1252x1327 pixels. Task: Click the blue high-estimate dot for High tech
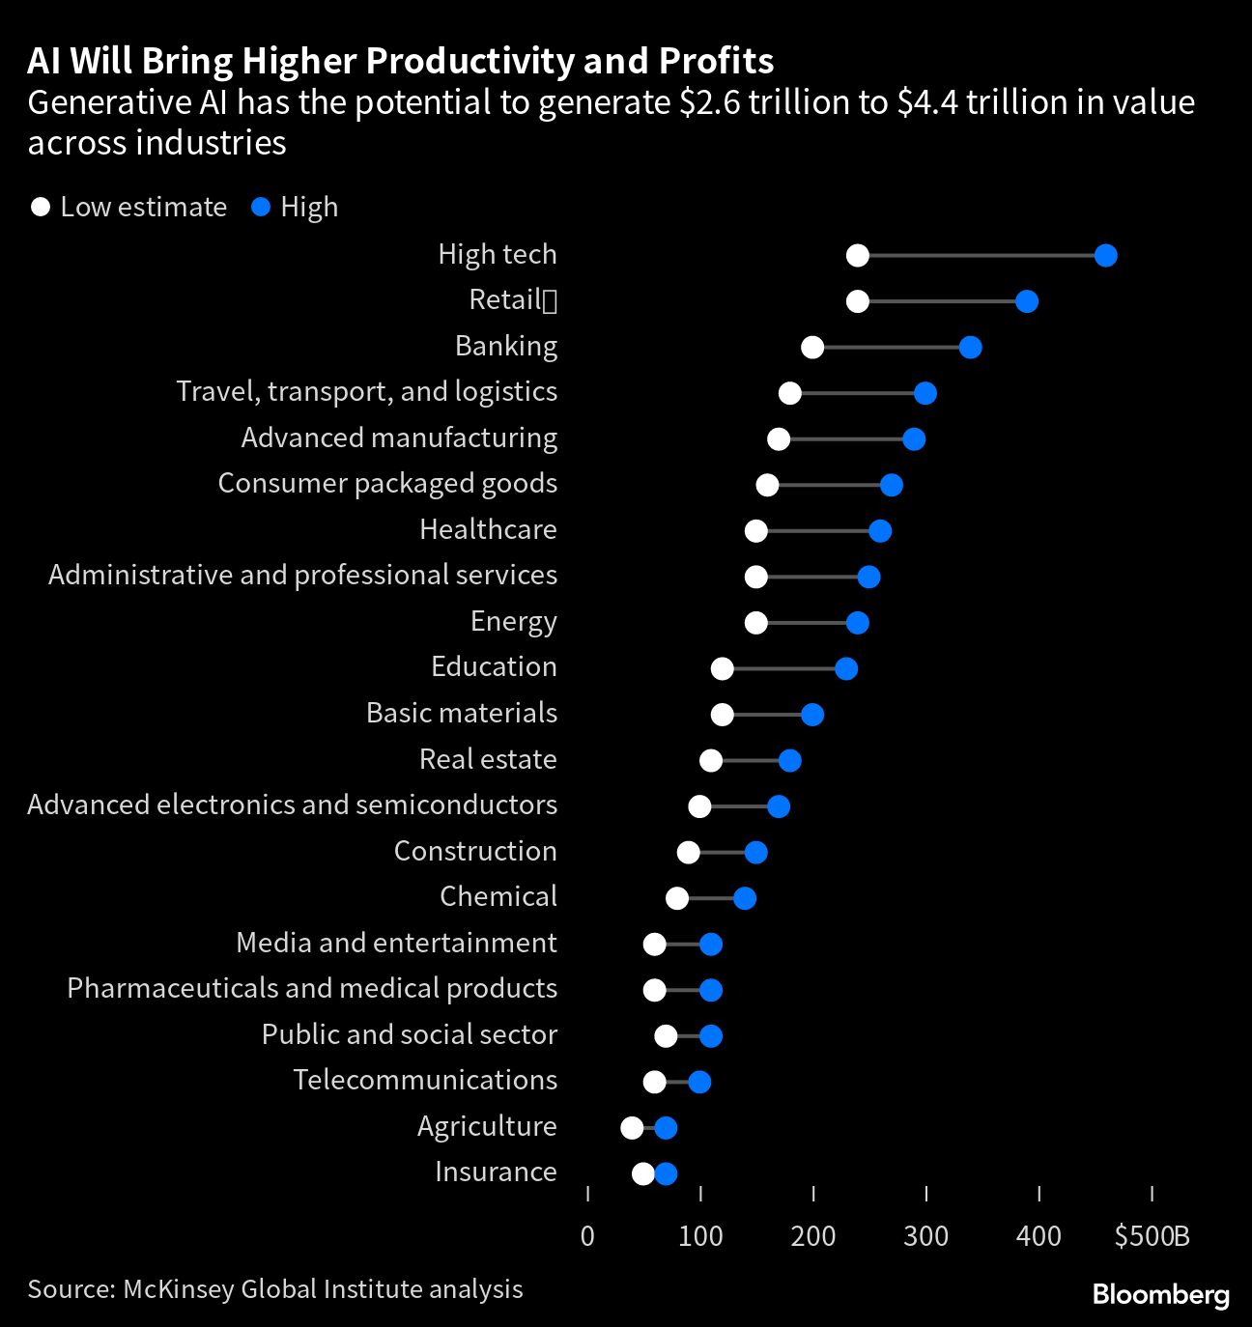pos(1106,256)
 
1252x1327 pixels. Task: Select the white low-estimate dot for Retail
pos(857,301)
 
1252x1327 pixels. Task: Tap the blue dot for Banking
pos(970,348)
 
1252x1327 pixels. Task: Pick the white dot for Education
pos(722,668)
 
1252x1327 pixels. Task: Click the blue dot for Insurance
pos(666,1173)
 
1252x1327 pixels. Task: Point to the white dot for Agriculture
pos(632,1128)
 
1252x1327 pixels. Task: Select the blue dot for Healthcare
pos(880,531)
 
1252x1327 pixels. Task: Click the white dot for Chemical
pos(677,898)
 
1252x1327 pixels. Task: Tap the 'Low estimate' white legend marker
pos(40,208)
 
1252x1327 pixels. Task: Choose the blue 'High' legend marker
pos(260,208)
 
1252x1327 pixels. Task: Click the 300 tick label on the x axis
pos(925,1236)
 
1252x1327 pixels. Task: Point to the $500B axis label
pos(1152,1236)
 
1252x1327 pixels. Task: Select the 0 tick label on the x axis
pos(587,1236)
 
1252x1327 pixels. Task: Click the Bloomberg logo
pos(1160,1295)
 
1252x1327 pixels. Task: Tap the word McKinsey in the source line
pos(178,1289)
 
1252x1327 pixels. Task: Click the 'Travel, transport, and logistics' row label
pos(366,391)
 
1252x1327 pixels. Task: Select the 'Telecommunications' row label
pos(425,1080)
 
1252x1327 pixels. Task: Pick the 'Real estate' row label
pos(488,759)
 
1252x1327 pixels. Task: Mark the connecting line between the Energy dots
pos(807,623)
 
